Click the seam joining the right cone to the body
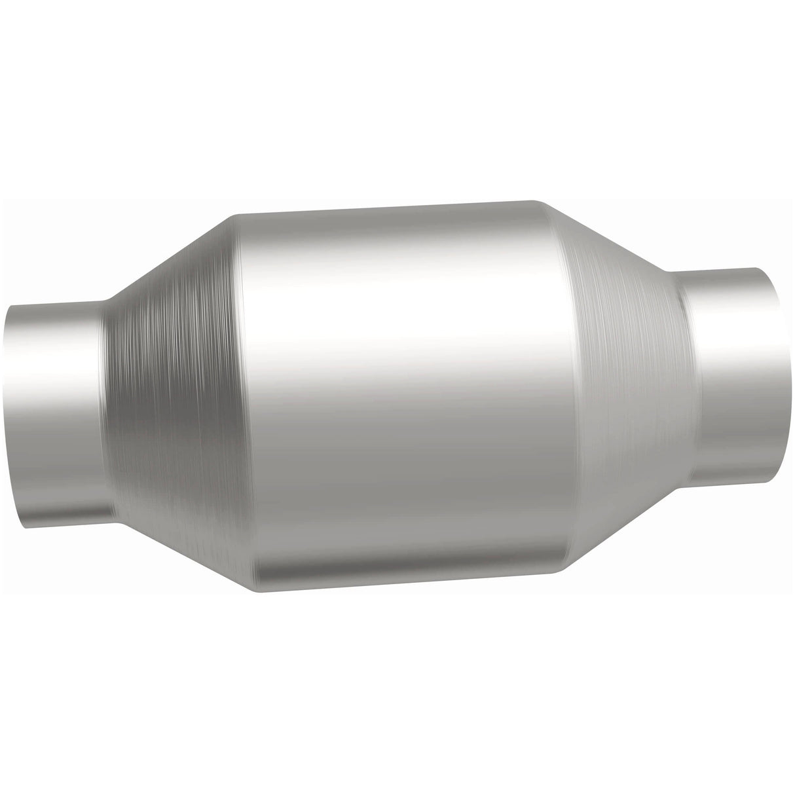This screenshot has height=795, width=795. point(571,386)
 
